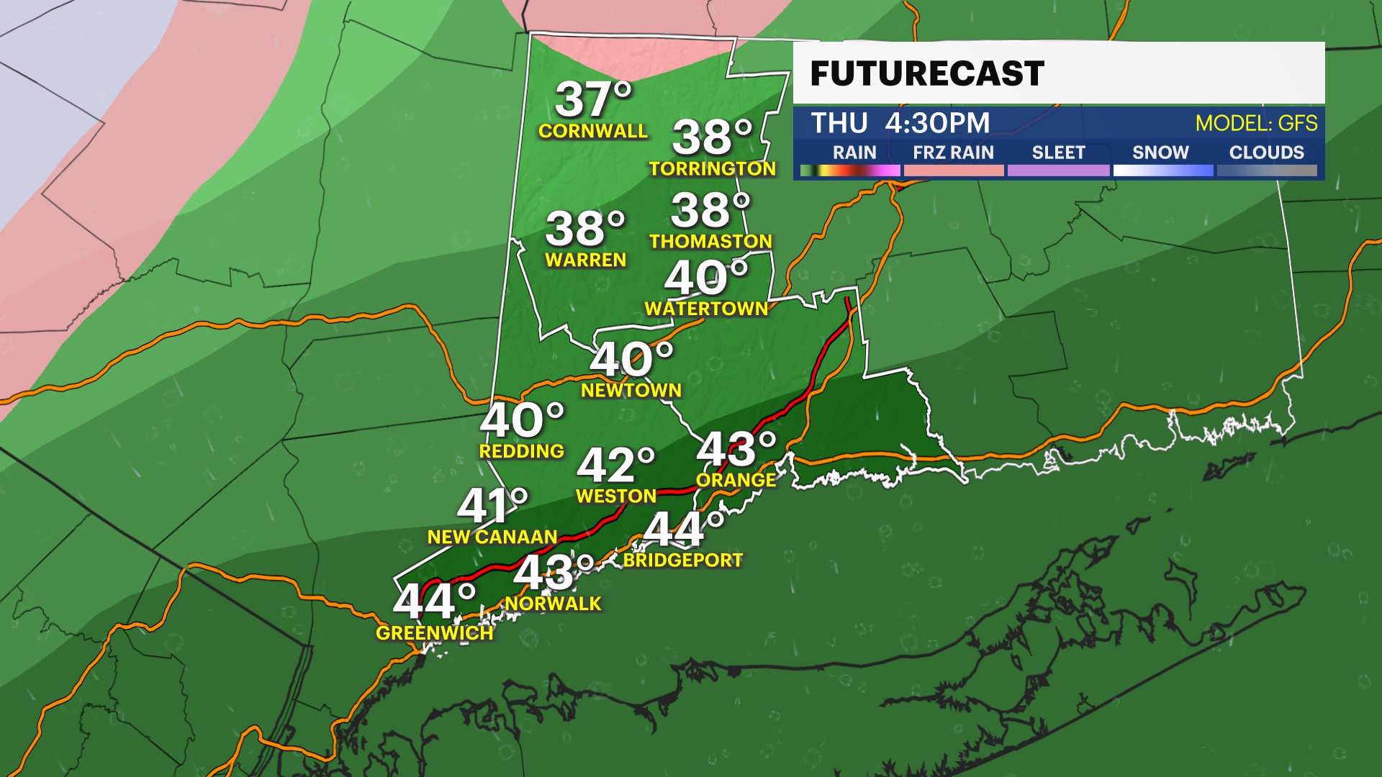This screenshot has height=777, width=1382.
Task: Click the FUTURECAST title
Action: [927, 73]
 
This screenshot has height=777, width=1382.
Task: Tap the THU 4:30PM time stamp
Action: [900, 123]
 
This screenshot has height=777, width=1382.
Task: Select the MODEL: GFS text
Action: [1256, 123]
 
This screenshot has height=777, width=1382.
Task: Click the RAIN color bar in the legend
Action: [850, 171]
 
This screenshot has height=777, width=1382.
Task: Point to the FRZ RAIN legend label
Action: [953, 153]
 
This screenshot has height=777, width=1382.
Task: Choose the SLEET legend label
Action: [1058, 153]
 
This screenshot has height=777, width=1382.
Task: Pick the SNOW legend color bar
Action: [1162, 171]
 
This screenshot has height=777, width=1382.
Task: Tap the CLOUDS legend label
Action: [1266, 153]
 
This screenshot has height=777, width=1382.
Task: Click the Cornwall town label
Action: [593, 131]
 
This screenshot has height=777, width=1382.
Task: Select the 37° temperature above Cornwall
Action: [593, 99]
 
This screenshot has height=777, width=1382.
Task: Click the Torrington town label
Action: [713, 168]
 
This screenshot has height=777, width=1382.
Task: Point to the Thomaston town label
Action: [710, 241]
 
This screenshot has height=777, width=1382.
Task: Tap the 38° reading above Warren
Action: [585, 229]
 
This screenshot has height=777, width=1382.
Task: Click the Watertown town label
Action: [706, 309]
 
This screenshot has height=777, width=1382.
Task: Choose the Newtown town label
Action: [631, 390]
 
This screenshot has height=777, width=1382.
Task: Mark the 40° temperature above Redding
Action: [522, 420]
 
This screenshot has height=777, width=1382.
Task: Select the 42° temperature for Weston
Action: [616, 465]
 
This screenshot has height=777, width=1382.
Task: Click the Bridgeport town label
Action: [682, 560]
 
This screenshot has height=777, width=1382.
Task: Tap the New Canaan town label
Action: [492, 537]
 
